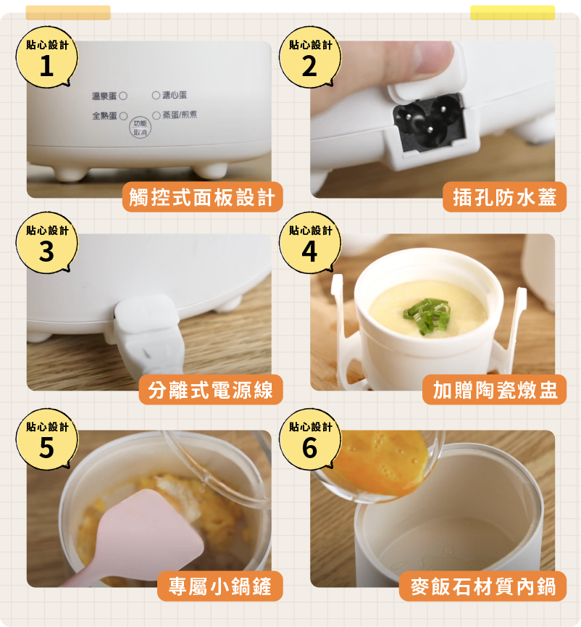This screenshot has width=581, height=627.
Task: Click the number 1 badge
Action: [x=47, y=57]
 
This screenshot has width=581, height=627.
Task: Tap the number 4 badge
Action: [x=310, y=243]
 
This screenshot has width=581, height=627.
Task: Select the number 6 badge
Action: [x=310, y=439]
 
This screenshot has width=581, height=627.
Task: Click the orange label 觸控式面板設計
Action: [x=202, y=197]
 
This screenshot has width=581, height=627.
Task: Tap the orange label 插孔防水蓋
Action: [x=504, y=197]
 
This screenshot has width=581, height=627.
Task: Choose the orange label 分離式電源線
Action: [x=211, y=390]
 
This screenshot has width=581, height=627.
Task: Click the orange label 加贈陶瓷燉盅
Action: [x=495, y=390]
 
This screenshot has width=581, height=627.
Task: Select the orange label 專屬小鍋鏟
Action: [x=220, y=586]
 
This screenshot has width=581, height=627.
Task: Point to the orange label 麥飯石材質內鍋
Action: [x=482, y=586]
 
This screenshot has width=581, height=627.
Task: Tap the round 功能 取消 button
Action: [x=140, y=128]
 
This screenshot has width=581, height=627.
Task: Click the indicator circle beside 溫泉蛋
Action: [x=123, y=96]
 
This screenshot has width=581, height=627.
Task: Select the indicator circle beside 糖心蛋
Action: [x=156, y=95]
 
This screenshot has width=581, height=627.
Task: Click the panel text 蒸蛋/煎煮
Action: [x=180, y=115]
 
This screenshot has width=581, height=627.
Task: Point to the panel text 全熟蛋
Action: [x=104, y=116]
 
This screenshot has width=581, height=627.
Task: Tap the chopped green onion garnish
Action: [x=427, y=315]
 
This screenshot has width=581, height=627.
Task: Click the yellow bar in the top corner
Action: [x=512, y=12]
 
